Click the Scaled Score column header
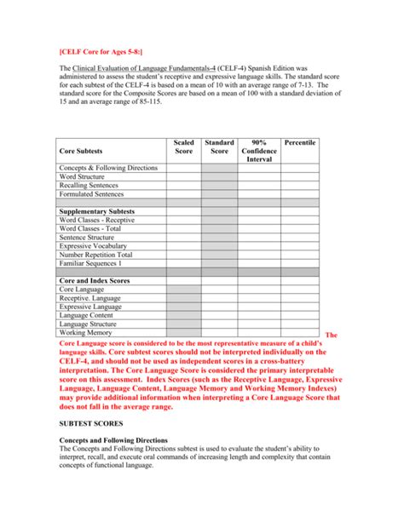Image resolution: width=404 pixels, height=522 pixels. pos(183,147)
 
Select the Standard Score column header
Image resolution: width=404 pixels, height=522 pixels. pos(219,147)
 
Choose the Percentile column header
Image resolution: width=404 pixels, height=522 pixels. pos(299,143)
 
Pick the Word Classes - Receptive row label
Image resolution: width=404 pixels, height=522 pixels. pos(96,220)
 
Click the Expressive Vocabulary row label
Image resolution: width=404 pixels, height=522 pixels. pos(95,246)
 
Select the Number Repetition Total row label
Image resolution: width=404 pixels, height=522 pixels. pos(95,255)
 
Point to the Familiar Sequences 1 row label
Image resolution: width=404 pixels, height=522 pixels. pos(91,263)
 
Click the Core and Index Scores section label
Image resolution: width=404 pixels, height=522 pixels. pos(94,280)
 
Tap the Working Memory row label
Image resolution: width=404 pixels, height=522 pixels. pos(84,332)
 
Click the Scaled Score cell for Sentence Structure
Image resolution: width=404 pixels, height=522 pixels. pos(183,238)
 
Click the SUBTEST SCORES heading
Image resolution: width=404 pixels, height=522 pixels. pos(90,422)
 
